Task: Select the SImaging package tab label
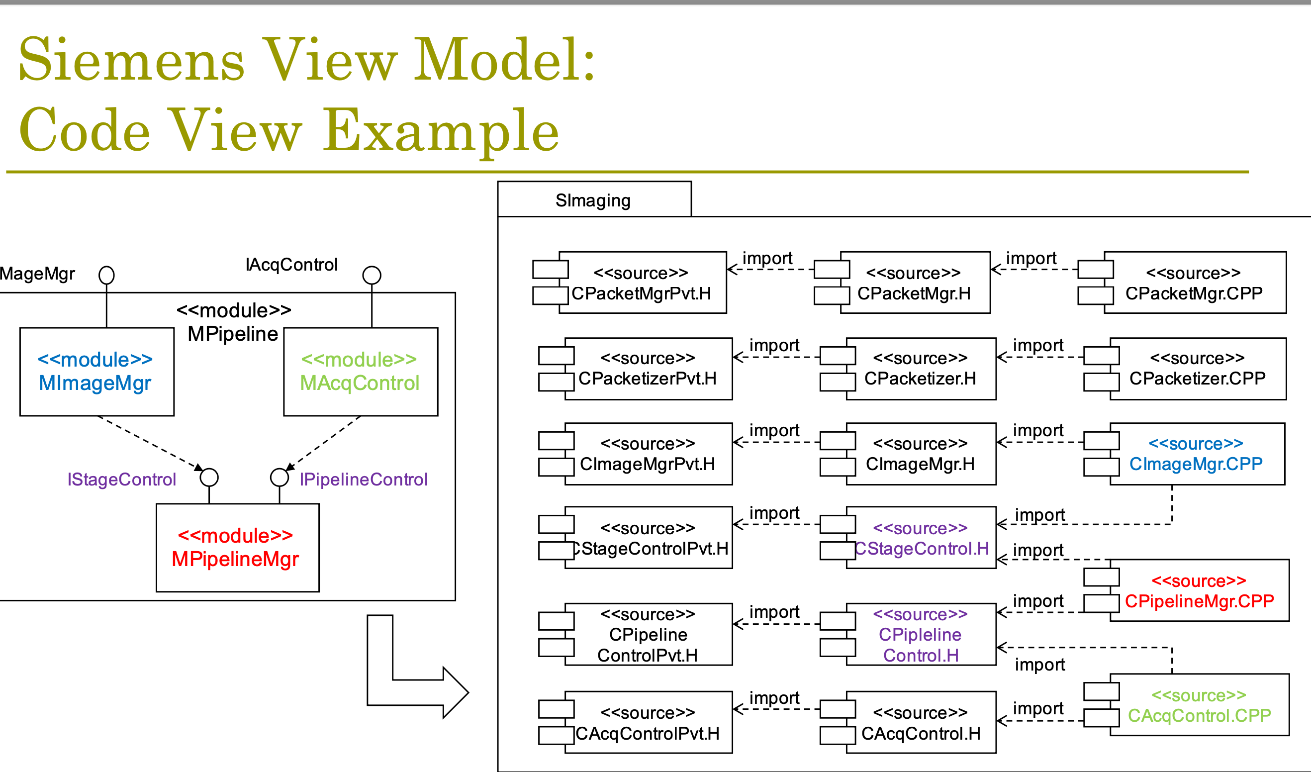tap(593, 200)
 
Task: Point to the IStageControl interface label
tap(122, 479)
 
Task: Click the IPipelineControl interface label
tap(364, 479)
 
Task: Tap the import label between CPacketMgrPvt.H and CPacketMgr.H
tap(767, 258)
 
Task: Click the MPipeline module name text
tap(233, 333)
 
